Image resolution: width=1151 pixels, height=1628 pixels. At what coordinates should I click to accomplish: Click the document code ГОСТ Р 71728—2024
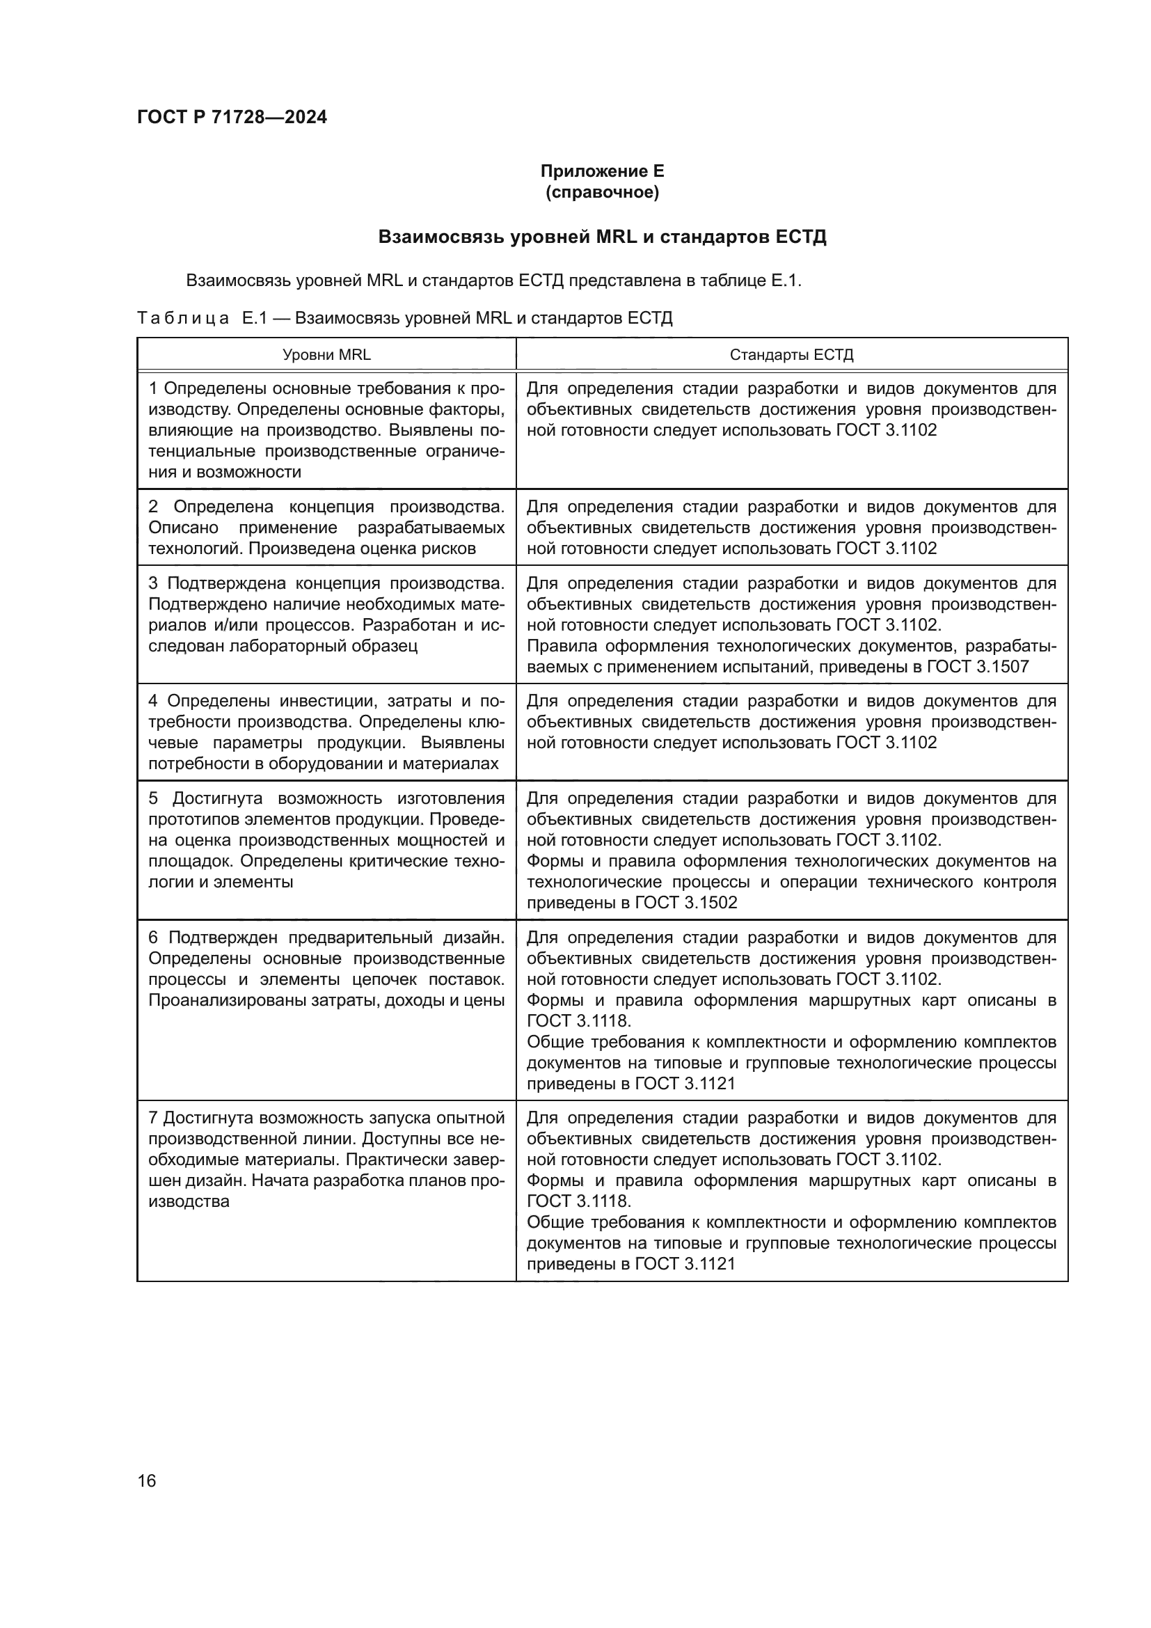(x=232, y=118)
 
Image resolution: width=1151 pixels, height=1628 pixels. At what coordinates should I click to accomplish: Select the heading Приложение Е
(x=602, y=171)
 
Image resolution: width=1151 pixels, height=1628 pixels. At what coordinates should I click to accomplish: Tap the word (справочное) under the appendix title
(x=602, y=192)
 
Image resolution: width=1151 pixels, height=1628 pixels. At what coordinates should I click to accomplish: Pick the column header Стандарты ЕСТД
(x=791, y=354)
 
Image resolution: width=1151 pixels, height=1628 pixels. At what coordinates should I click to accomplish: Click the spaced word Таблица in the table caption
(x=183, y=318)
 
